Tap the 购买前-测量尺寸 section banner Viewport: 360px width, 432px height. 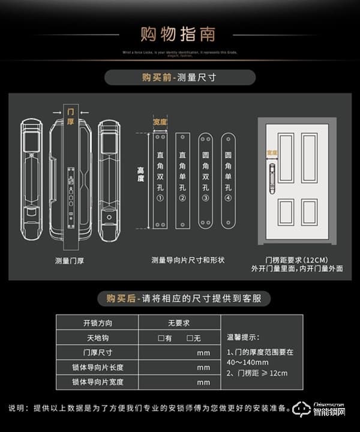click(x=179, y=77)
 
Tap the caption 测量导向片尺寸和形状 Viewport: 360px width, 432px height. click(x=188, y=260)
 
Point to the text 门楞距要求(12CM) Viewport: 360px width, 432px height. click(x=297, y=258)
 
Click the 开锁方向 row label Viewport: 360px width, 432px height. click(x=97, y=323)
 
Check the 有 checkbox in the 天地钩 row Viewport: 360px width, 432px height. click(x=161, y=338)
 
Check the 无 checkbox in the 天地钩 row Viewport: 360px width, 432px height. click(x=190, y=338)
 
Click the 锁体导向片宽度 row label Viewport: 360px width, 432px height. click(x=97, y=382)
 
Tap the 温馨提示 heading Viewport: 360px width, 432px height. click(x=242, y=337)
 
